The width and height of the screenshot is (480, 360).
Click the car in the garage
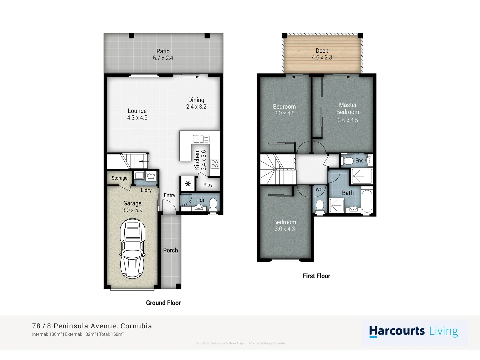coord(132,249)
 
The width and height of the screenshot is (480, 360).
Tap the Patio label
coord(163,51)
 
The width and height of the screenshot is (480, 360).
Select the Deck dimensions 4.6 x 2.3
coord(322,58)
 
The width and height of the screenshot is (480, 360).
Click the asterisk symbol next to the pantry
coord(188,184)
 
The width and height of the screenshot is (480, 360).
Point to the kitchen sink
coord(201,139)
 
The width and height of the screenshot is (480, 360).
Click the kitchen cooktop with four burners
coord(215,163)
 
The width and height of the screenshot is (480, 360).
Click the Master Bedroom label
coord(348,109)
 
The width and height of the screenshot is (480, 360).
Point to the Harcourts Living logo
coord(414,331)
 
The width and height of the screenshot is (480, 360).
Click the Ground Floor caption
coord(163,303)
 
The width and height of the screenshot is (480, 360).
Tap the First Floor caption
coord(316,276)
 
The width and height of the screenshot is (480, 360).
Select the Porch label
coord(170,250)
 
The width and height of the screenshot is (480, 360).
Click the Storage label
coord(119,178)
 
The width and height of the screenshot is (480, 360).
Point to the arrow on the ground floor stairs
coord(144,161)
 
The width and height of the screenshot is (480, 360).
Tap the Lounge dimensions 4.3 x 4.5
coord(137,118)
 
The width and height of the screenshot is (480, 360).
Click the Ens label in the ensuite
coord(359,161)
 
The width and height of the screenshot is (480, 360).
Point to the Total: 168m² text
coord(111,334)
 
